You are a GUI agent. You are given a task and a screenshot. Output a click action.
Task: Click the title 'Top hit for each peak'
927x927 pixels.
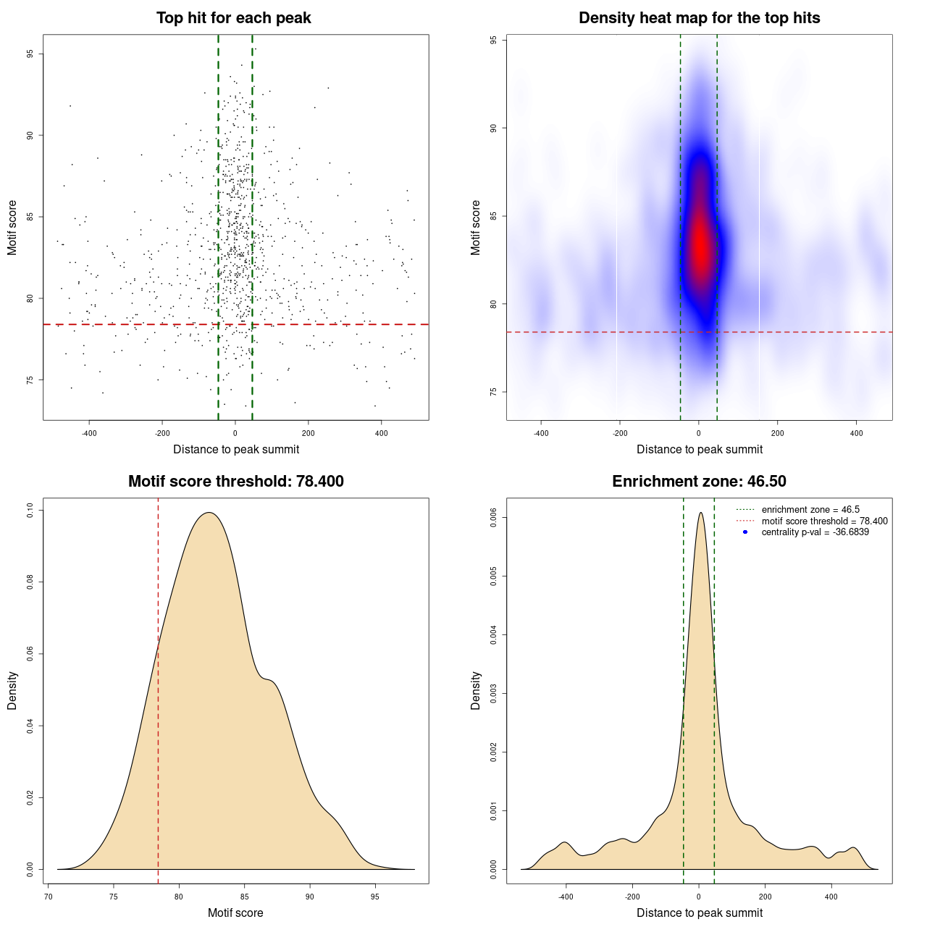coord(233,18)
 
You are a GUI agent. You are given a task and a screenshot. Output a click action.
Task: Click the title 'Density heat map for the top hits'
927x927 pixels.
coord(699,18)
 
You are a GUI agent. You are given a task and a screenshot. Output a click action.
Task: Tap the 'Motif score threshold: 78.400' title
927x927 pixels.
coord(235,482)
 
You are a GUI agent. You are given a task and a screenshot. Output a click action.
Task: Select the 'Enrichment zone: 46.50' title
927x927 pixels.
coord(699,482)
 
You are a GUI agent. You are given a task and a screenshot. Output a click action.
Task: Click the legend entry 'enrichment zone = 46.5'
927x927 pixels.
coord(810,510)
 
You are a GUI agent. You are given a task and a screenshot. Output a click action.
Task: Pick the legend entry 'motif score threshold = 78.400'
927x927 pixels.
coord(824,521)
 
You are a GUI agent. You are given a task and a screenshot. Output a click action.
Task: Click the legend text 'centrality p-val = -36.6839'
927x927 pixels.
coord(815,532)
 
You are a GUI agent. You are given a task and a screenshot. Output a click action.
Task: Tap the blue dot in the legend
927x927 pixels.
coord(745,532)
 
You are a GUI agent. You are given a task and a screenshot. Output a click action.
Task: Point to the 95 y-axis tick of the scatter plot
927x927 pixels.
coord(30,54)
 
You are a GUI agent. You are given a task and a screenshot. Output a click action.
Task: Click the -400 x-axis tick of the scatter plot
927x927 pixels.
coord(89,433)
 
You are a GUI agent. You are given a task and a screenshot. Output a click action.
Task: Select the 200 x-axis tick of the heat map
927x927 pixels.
coord(777,433)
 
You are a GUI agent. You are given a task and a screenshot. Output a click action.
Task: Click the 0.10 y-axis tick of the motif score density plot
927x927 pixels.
coord(30,511)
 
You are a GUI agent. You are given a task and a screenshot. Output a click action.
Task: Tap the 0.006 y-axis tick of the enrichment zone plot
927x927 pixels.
coord(494,518)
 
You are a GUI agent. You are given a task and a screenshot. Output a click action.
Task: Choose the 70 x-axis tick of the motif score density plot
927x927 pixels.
coord(48,897)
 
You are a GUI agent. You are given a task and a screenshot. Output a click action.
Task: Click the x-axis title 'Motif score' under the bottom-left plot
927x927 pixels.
coord(235,913)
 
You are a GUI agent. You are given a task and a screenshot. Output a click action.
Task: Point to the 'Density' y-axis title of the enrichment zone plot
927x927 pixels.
coord(476,690)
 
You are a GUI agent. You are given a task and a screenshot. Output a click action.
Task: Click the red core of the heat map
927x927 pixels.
coord(700,243)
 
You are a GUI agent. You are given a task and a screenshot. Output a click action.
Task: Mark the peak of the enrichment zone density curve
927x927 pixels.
coord(700,513)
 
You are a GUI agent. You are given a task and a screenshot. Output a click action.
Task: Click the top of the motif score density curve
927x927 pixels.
coord(209,513)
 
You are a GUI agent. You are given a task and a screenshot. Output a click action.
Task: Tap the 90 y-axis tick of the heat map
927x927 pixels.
coord(494,128)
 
